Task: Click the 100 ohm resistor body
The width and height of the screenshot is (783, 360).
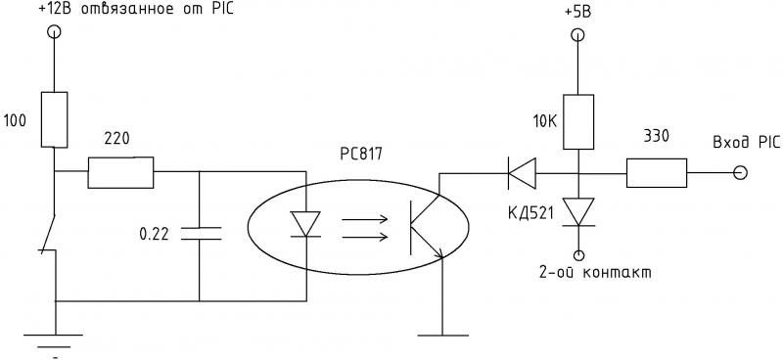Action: pos(54,119)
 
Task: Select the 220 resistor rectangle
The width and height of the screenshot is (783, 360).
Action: pos(120,172)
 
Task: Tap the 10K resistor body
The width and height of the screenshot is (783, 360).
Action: pos(578,122)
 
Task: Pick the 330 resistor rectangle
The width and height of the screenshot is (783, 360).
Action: pos(657,173)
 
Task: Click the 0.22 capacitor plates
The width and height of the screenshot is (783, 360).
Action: pos(200,233)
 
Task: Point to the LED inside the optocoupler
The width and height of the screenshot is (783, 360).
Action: pos(305,224)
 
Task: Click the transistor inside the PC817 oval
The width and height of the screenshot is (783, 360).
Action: pos(426,226)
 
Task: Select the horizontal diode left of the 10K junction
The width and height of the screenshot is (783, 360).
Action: pos(522,173)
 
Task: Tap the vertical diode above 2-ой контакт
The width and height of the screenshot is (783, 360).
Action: pos(578,212)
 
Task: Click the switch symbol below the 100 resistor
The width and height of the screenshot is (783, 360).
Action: pos(48,234)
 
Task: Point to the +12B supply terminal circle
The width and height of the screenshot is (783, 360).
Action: pos(54,32)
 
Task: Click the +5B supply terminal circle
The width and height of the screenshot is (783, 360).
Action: pos(577,35)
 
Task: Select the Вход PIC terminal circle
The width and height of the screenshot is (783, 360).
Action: pos(741,173)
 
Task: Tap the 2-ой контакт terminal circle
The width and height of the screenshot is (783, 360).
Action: pos(578,255)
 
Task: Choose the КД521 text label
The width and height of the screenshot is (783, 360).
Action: pos(530,213)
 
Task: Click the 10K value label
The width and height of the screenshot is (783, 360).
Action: pos(545,121)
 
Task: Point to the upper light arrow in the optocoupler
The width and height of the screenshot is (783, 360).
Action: pos(365,219)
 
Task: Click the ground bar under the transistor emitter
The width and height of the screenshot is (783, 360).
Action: pos(442,336)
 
